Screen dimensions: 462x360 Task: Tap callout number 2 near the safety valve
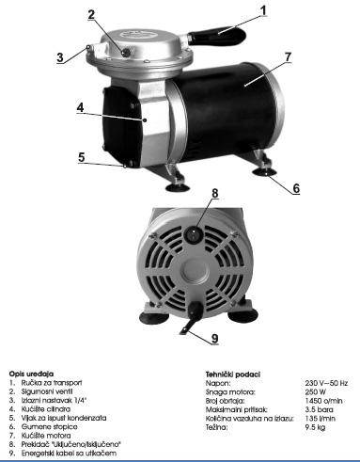click(x=91, y=14)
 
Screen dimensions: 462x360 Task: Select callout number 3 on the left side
click(x=58, y=56)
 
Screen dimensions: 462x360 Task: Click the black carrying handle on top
click(x=222, y=34)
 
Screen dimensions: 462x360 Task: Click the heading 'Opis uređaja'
click(x=27, y=374)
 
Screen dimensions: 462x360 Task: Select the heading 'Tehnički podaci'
click(x=231, y=374)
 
